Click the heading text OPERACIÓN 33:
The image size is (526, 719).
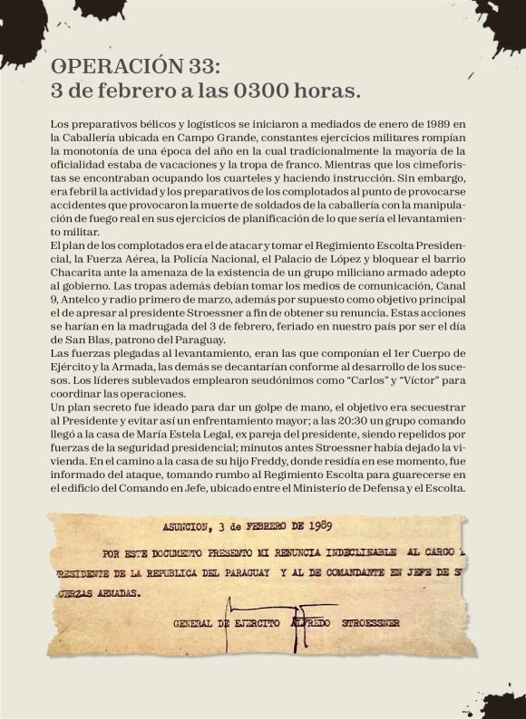click(135, 67)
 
